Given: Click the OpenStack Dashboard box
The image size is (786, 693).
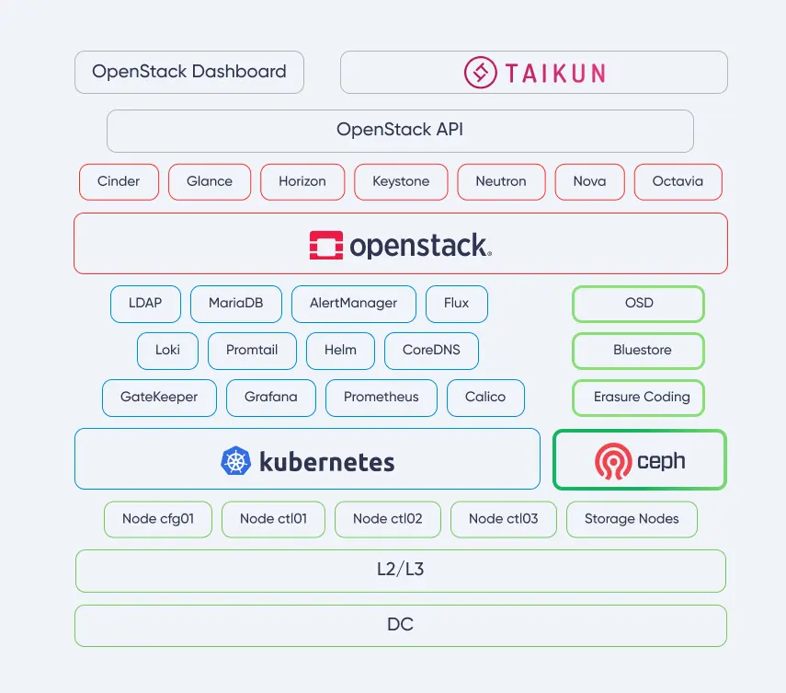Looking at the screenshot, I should pyautogui.click(x=189, y=72).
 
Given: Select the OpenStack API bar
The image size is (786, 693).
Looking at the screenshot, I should pyautogui.click(x=400, y=131).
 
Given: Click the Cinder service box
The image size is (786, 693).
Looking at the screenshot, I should pyautogui.click(x=119, y=181).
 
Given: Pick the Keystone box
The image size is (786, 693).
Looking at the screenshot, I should pyautogui.click(x=401, y=181).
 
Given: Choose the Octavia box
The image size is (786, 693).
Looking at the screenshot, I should pyautogui.click(x=678, y=181).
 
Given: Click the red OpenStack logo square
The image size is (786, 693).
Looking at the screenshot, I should pyautogui.click(x=326, y=245).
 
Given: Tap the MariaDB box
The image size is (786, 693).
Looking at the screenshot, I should pyautogui.click(x=235, y=304).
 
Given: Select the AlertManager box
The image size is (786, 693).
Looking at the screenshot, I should pyautogui.click(x=354, y=304).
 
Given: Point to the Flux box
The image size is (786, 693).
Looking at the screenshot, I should pyautogui.click(x=457, y=304).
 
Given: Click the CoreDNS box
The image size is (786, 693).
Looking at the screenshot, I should pyautogui.click(x=431, y=351).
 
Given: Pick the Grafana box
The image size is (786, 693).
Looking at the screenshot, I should pyautogui.click(x=271, y=398).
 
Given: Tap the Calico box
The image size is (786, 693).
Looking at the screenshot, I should pyautogui.click(x=485, y=398).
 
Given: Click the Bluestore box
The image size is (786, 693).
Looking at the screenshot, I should pyautogui.click(x=639, y=351).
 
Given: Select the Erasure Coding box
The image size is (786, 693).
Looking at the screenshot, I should pyautogui.click(x=639, y=398).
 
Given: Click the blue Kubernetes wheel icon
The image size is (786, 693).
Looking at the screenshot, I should pyautogui.click(x=236, y=460).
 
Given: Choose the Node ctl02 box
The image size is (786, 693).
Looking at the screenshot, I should pyautogui.click(x=388, y=519).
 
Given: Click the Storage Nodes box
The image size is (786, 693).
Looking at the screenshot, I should pyautogui.click(x=632, y=519).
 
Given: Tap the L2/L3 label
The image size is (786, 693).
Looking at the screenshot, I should pyautogui.click(x=400, y=571).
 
